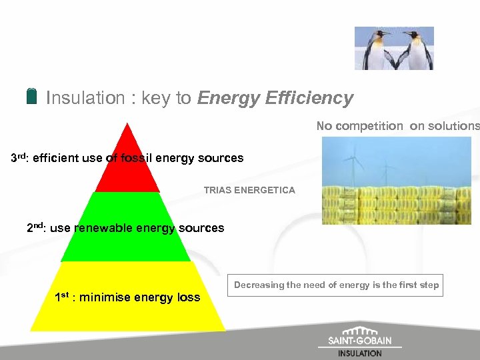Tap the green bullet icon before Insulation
(x=32, y=96)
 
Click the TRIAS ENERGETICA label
(x=249, y=191)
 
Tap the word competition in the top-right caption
(x=378, y=126)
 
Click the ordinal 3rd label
(x=18, y=159)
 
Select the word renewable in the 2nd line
(x=103, y=228)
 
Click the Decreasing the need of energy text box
(x=336, y=285)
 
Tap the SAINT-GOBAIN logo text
(x=360, y=341)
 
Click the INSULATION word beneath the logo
(x=360, y=353)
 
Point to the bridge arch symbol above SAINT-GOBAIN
(x=360, y=331)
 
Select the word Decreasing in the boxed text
(x=259, y=285)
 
